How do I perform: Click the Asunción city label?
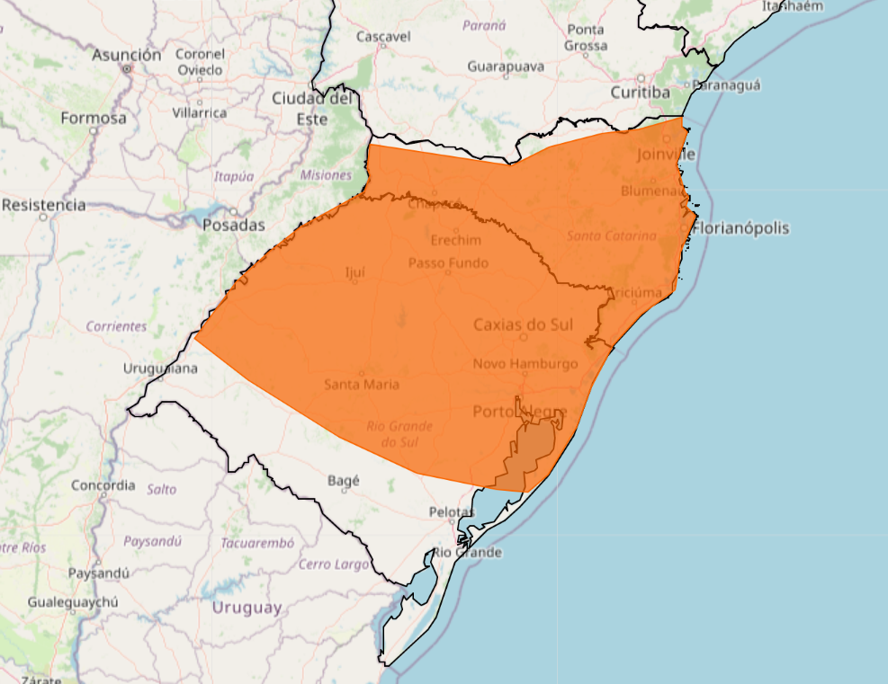[x=127, y=55]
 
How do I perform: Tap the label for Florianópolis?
[x=741, y=228]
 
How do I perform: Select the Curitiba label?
[x=641, y=93]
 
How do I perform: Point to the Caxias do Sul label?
[x=524, y=324]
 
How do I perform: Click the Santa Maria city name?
[x=362, y=385]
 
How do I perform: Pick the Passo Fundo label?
[x=448, y=263]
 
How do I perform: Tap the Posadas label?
[x=234, y=225]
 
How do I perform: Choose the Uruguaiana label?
[x=161, y=369]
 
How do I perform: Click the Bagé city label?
[x=344, y=481]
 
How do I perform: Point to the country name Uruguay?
[x=247, y=608]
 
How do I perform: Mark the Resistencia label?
[x=44, y=205]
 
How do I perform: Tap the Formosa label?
[x=94, y=118]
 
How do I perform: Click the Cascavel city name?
[x=383, y=37]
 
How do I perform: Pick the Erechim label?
[x=455, y=241]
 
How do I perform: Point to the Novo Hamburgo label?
[x=525, y=364]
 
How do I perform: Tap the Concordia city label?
[x=103, y=485]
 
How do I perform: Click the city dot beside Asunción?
[x=127, y=68]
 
